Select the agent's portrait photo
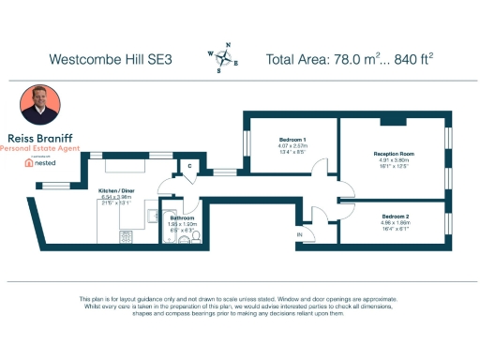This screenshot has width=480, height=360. (x=40, y=104)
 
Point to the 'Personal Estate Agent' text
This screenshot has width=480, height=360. (x=40, y=147)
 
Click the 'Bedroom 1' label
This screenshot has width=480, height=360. (x=292, y=140)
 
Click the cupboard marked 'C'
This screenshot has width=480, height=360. (x=189, y=167)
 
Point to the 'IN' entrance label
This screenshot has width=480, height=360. (x=300, y=232)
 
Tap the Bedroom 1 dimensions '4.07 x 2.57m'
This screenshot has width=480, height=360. (x=292, y=146)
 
